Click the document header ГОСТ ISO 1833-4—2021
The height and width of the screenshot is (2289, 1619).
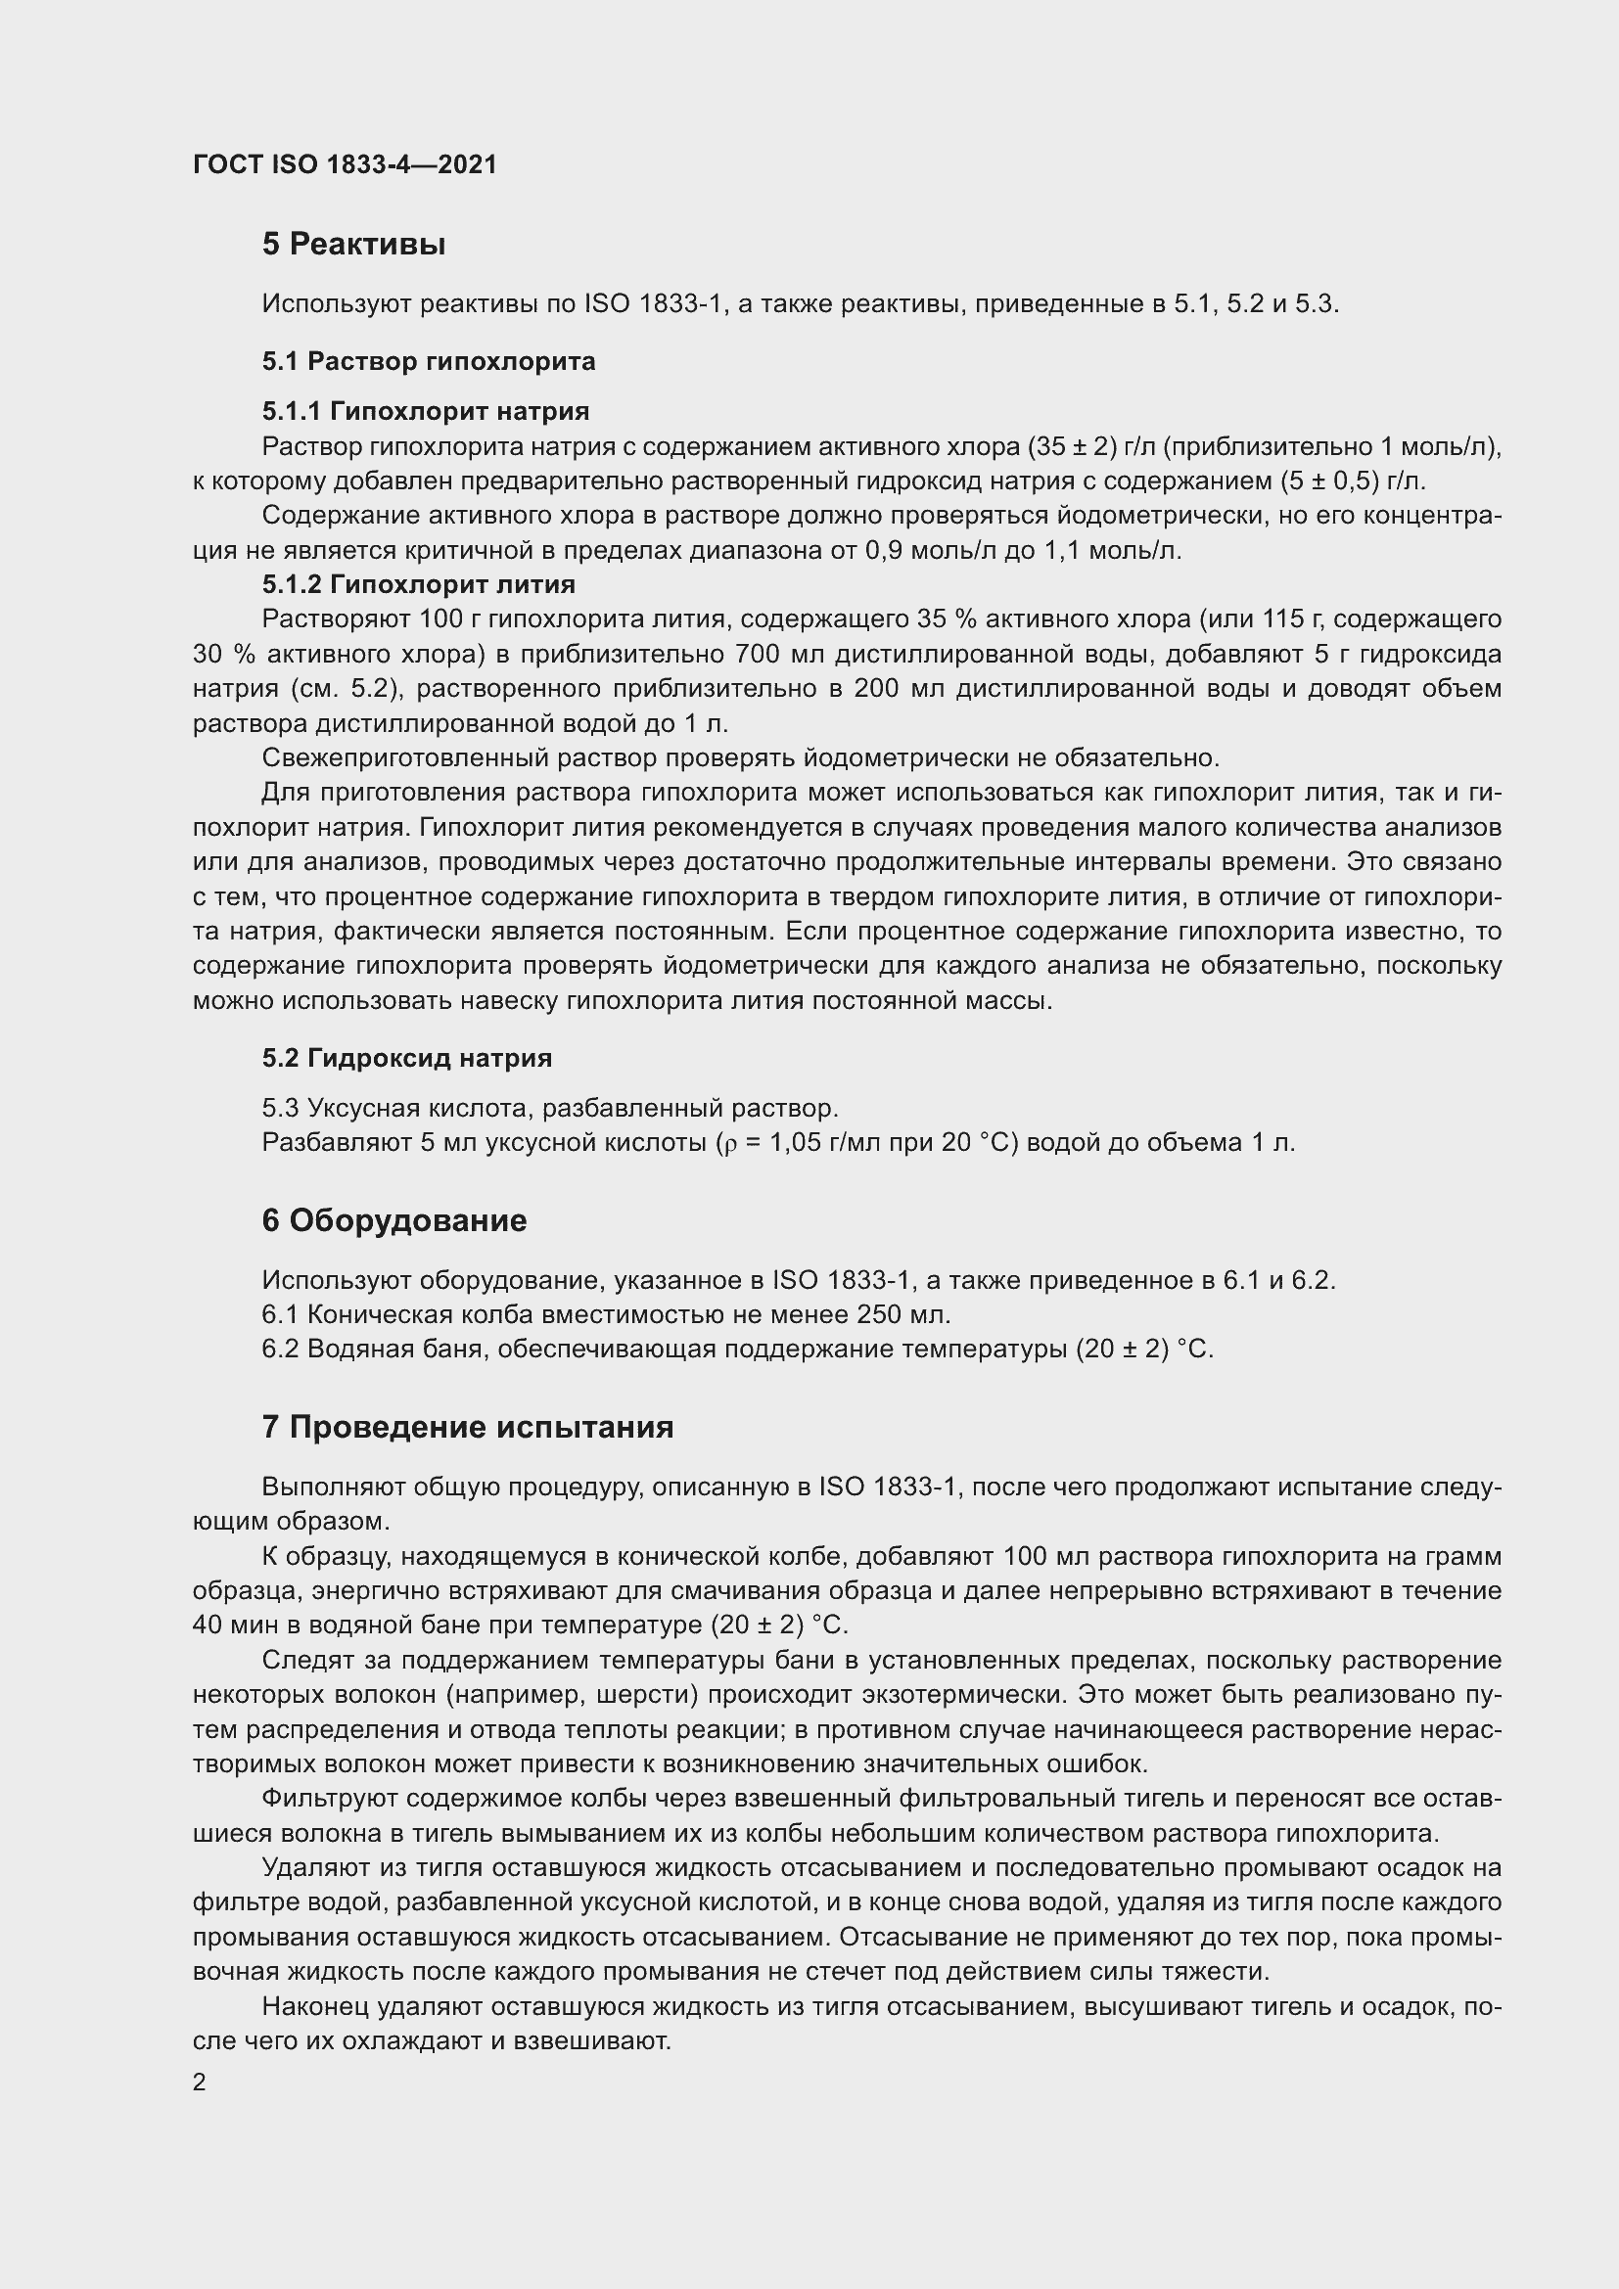coord(344,164)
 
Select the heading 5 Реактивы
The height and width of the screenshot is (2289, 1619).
coord(353,245)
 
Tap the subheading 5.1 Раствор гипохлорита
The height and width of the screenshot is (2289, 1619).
coord(429,361)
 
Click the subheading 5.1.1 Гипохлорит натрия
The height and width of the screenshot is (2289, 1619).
coord(426,411)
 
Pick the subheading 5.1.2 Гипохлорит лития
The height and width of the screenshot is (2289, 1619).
coord(419,584)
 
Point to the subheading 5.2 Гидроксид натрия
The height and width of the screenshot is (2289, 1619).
coord(407,1058)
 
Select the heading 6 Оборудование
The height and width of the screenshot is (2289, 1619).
coord(393,1220)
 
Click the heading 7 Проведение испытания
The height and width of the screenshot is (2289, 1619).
coord(468,1427)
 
